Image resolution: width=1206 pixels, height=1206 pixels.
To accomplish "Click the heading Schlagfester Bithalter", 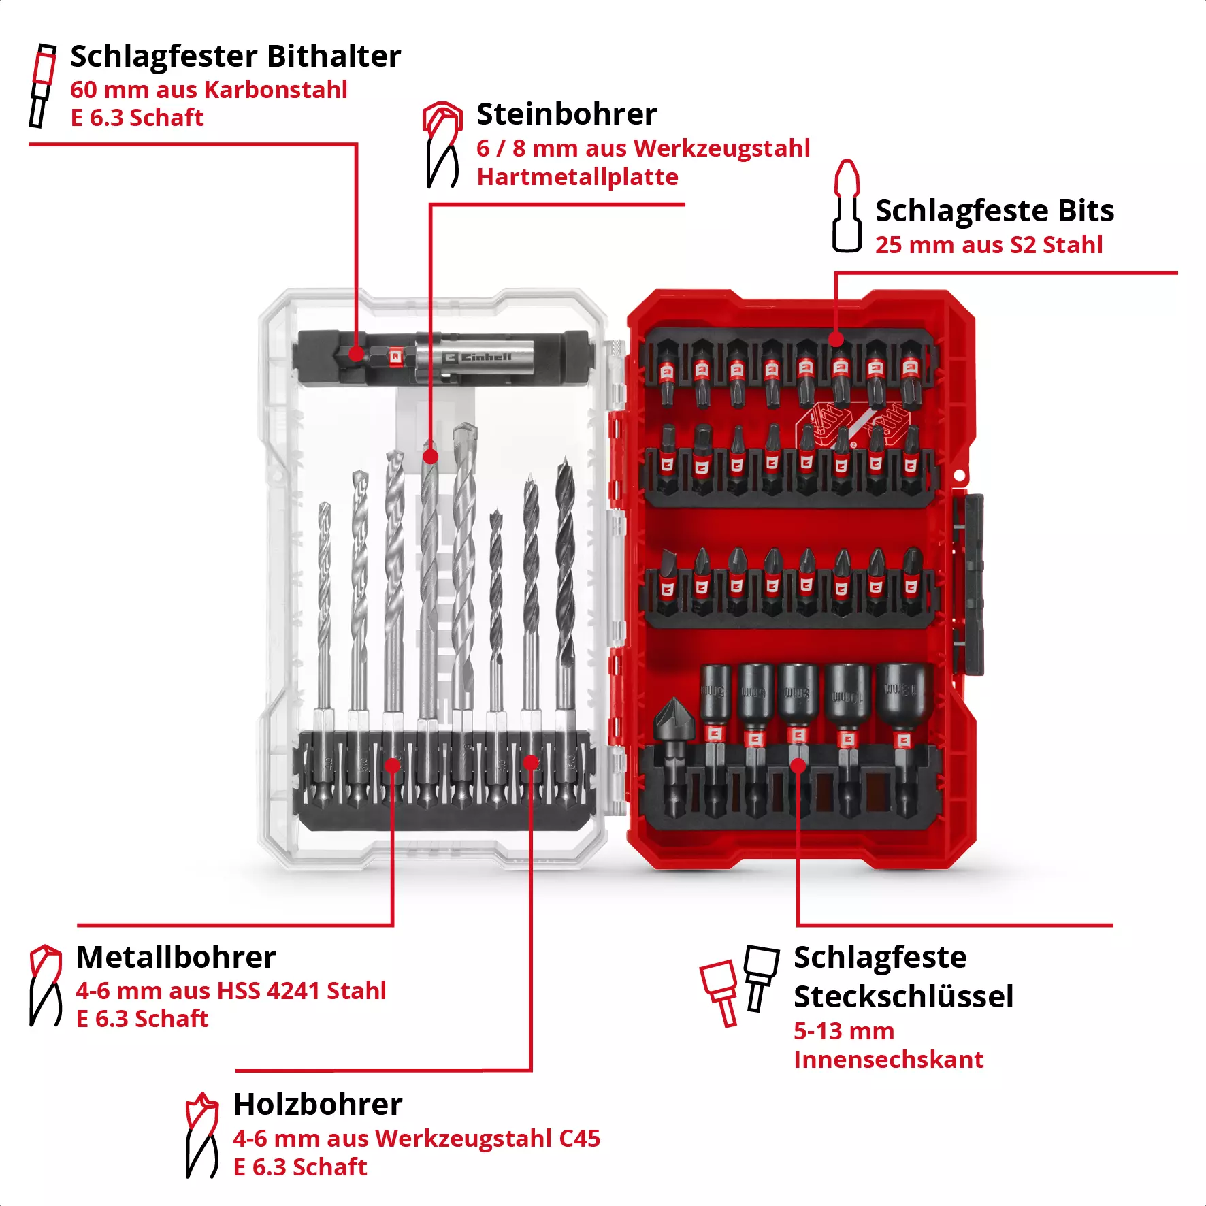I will [235, 56].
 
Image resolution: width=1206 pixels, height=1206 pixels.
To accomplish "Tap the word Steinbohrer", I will [566, 114].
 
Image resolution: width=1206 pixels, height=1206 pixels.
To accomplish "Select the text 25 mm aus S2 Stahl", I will [988, 245].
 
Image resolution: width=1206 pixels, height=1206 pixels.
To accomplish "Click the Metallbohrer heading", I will [176, 958].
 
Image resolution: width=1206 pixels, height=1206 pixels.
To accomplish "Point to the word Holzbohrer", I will [318, 1105].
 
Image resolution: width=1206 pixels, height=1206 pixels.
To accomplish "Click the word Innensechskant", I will [888, 1060].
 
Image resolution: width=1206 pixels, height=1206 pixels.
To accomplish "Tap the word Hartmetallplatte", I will [577, 177].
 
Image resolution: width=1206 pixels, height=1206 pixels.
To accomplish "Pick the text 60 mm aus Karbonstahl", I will [208, 90].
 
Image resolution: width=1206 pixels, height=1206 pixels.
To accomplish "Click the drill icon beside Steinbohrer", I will [442, 144].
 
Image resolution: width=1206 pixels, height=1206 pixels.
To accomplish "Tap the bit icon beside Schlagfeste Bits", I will [847, 206].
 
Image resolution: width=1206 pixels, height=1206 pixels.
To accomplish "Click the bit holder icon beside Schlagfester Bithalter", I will [42, 86].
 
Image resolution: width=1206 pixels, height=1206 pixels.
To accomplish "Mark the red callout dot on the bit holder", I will [356, 353].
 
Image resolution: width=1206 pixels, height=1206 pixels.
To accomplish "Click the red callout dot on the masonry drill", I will [430, 456].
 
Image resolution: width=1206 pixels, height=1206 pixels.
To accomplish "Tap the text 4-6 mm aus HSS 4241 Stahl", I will [231, 991].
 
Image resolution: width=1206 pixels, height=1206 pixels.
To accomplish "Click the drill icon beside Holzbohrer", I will [201, 1135].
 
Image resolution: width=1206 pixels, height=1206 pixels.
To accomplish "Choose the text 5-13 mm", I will [844, 1031].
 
